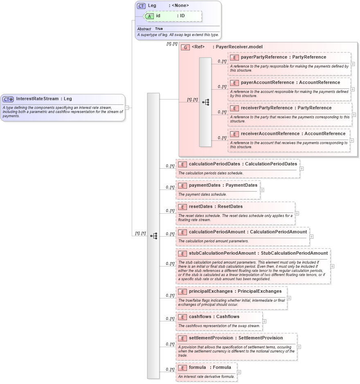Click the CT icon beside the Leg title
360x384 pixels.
pyautogui.click(x=141, y=6)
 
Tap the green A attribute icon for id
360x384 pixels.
pyautogui.click(x=149, y=16)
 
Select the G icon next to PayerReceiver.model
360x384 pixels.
pyautogui.click(x=185, y=47)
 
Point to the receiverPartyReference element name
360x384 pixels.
pyautogui.click(x=266, y=108)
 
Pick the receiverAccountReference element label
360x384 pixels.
pyautogui.click(x=271, y=133)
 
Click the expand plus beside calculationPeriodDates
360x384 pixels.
pyautogui.click(x=301, y=168)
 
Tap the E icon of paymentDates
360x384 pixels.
pyautogui.click(x=182, y=185)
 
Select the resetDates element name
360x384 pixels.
pyautogui.click(x=200, y=207)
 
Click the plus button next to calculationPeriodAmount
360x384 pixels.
pyautogui.click(x=311, y=236)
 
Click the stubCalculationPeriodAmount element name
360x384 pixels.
pyautogui.click(x=222, y=253)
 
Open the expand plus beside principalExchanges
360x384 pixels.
pyautogui.click(x=289, y=298)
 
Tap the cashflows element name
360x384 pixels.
pyautogui.click(x=201, y=317)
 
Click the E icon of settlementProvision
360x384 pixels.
pyautogui.click(x=182, y=338)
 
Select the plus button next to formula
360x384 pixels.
pyautogui.click(x=239, y=372)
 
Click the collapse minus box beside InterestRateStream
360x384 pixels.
pyautogui.click(x=127, y=108)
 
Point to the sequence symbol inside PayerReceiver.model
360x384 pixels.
pyautogui.click(x=205, y=102)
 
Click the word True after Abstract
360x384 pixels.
pyautogui.click(x=159, y=29)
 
